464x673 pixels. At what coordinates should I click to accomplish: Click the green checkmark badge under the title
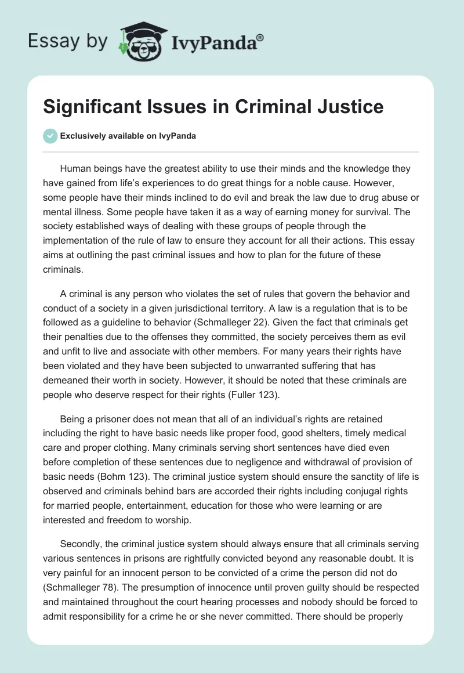click(x=50, y=136)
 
